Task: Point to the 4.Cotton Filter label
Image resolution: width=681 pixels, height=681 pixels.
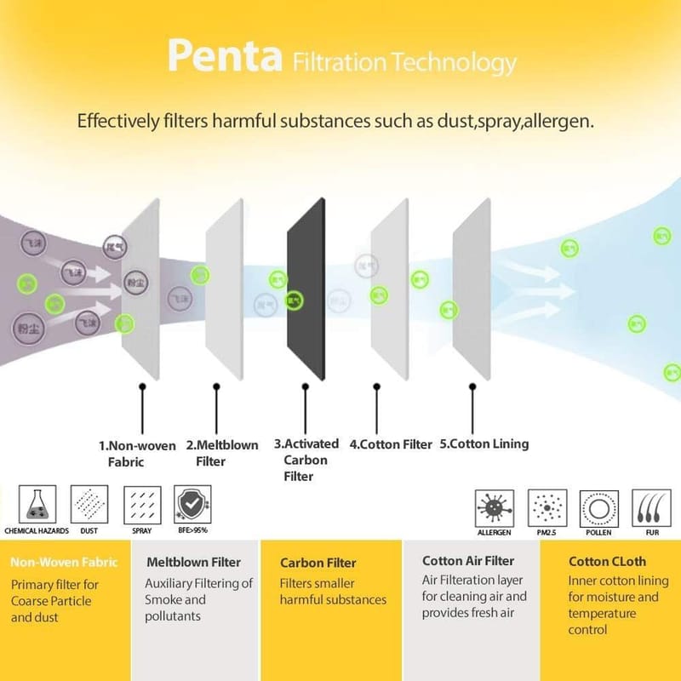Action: click(x=392, y=444)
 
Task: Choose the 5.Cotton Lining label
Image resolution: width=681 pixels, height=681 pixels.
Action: click(x=484, y=444)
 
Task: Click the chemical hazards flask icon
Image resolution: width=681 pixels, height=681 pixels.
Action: click(x=37, y=505)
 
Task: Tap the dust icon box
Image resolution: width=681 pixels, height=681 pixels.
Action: click(x=89, y=505)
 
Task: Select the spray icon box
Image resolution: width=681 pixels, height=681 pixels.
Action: click(x=141, y=505)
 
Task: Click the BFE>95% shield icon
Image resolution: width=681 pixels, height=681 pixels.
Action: click(x=192, y=505)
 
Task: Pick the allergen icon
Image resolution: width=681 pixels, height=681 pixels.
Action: click(x=495, y=508)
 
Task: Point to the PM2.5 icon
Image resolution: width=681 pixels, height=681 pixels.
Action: click(x=547, y=508)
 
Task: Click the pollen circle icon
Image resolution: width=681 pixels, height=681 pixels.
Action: click(x=598, y=508)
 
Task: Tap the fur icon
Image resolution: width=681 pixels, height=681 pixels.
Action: click(x=651, y=508)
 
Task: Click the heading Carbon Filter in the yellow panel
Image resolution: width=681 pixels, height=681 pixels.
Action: click(x=318, y=563)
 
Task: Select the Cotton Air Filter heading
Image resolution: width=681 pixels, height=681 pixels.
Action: click(x=468, y=561)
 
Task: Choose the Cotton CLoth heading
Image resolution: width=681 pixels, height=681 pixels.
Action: click(x=607, y=562)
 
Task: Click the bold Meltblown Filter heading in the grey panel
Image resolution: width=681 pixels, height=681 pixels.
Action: click(x=193, y=562)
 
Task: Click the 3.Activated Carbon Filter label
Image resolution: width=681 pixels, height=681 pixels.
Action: click(x=306, y=460)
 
